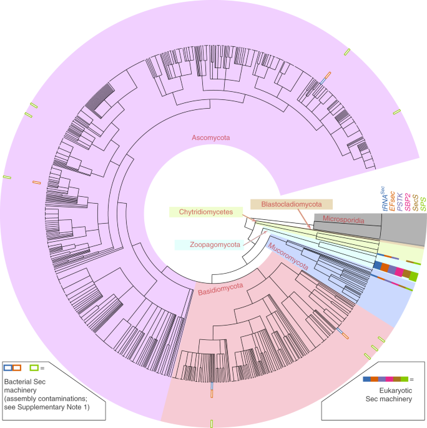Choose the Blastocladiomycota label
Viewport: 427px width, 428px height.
(291, 204)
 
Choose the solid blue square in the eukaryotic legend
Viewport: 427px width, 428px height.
(366, 379)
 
